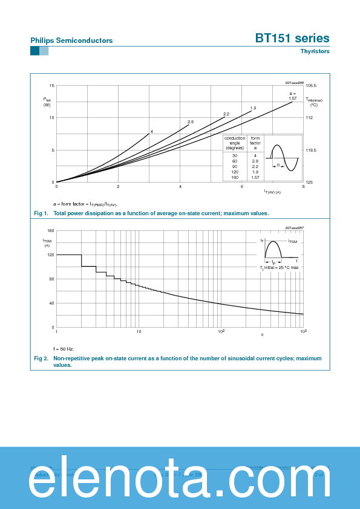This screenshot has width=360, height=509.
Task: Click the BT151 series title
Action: pyautogui.click(x=292, y=38)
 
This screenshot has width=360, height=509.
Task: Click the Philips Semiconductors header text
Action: pyautogui.click(x=71, y=41)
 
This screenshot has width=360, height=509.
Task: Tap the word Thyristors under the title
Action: pyautogui.click(x=315, y=51)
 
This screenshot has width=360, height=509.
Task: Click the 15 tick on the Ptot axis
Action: pyautogui.click(x=52, y=86)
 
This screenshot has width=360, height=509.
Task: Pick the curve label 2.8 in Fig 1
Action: pyautogui.click(x=190, y=122)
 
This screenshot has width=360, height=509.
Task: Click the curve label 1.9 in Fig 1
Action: pyautogui.click(x=253, y=108)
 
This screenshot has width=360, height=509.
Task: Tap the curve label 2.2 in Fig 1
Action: pyautogui.click(x=226, y=114)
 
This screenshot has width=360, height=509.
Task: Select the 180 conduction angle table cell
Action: pyautogui.click(x=234, y=177)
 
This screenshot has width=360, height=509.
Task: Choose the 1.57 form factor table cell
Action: pyautogui.click(x=255, y=177)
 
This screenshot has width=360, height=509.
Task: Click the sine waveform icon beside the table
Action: pyautogui.click(x=284, y=157)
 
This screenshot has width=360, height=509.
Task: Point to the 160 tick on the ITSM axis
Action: pyautogui.click(x=51, y=231)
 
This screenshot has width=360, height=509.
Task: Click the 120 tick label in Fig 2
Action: pyautogui.click(x=51, y=255)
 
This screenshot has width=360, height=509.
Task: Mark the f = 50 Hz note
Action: pyautogui.click(x=63, y=349)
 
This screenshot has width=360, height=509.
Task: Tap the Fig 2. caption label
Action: pyautogui.click(x=41, y=358)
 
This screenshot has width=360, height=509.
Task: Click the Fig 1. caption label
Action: pyautogui.click(x=41, y=213)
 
